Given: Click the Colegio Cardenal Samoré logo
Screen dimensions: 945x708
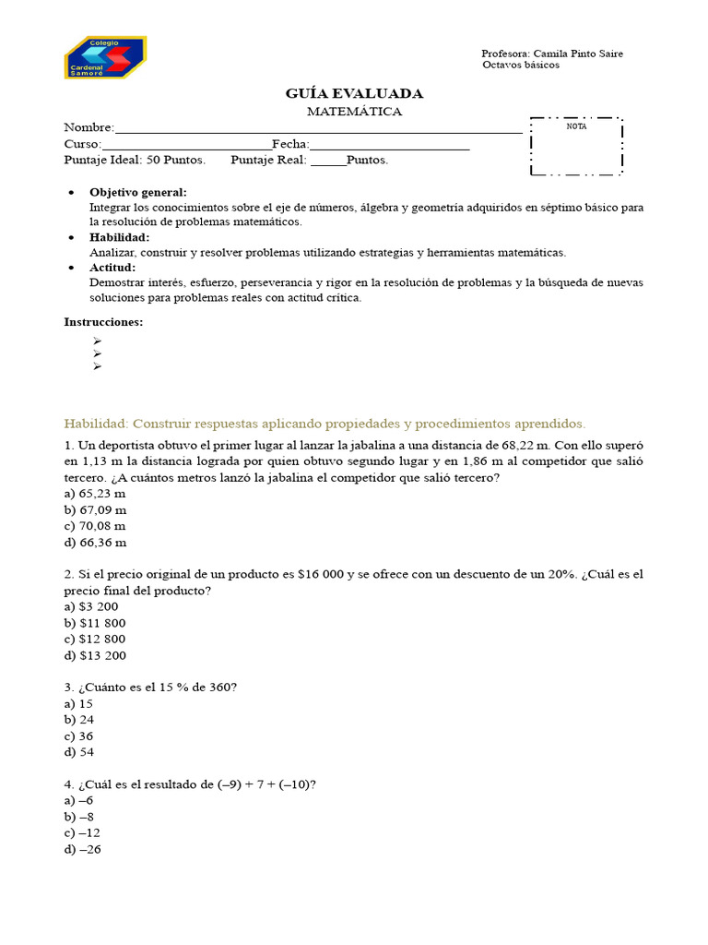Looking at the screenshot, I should [x=105, y=58].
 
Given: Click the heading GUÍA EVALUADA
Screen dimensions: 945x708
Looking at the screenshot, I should [x=354, y=93].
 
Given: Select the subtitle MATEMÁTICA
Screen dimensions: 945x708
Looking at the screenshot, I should [x=354, y=112].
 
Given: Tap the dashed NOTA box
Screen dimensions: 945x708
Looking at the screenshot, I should [x=576, y=146].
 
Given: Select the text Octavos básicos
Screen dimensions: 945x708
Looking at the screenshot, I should [x=521, y=66].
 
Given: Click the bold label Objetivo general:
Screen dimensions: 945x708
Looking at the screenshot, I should [x=137, y=192].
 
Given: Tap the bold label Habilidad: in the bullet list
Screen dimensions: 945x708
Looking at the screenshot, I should [x=119, y=237].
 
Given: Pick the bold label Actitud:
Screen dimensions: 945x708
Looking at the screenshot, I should [x=112, y=268].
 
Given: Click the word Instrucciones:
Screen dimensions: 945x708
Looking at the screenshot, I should [x=103, y=322].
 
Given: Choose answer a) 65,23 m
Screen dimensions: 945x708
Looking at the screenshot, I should [x=95, y=494].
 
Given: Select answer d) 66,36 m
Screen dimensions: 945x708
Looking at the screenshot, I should [x=95, y=543].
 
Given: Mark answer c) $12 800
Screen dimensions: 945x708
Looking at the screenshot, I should [x=95, y=639].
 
